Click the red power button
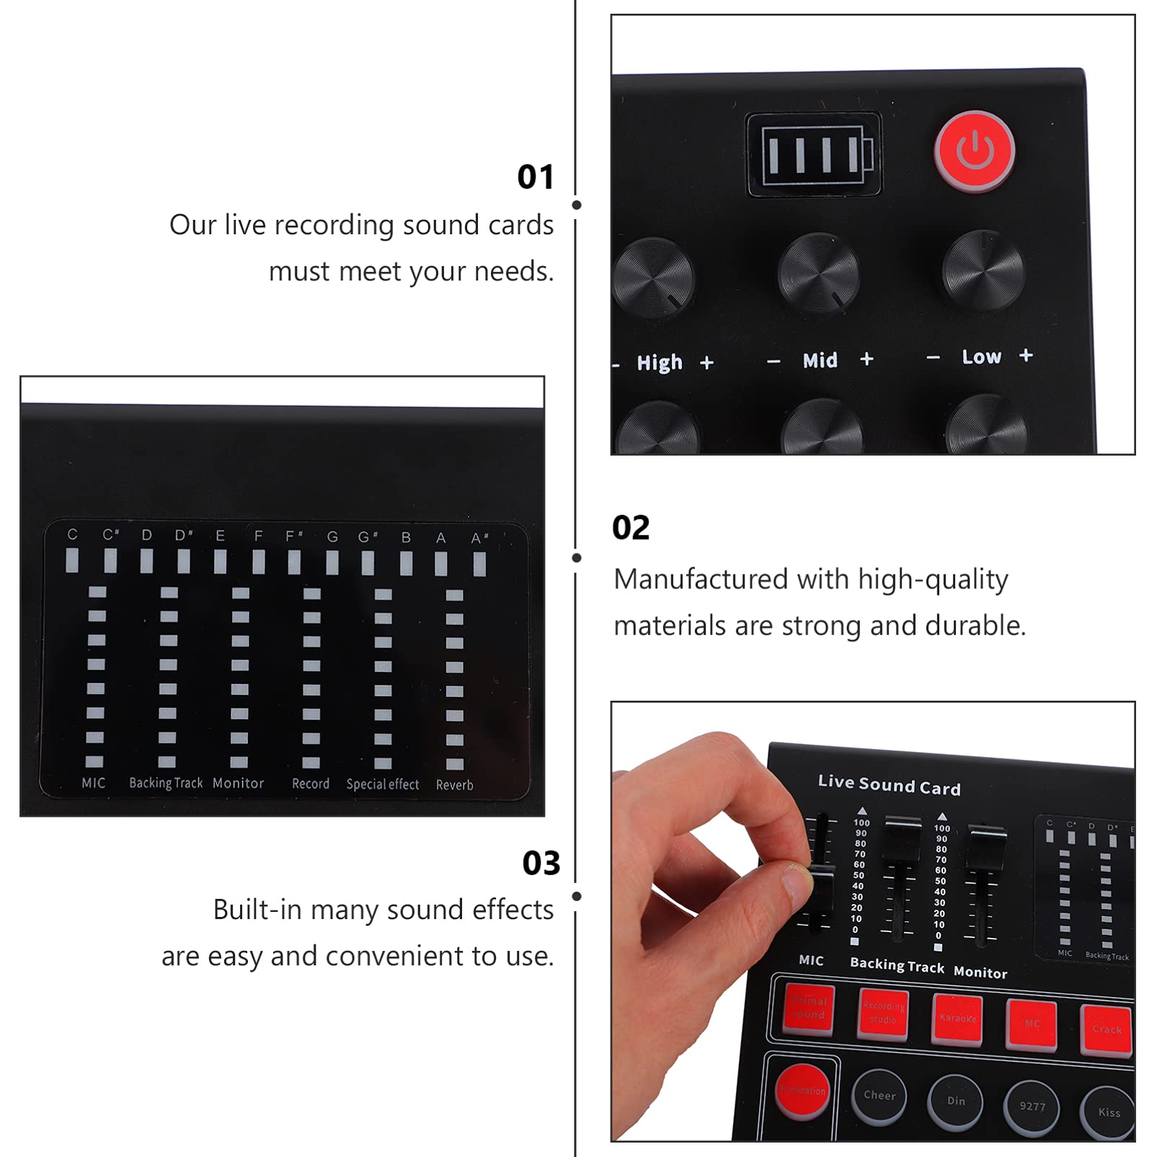point(975,151)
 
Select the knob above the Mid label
point(819,272)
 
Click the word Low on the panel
point(981,357)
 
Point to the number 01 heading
point(536,177)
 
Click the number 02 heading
point(631,528)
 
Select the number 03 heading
point(541,863)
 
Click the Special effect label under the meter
point(382,784)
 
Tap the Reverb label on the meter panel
point(454,785)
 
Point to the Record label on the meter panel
point(311,784)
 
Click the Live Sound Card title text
point(889,785)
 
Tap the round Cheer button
point(879,1096)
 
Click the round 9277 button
point(1032,1107)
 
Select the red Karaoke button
point(958,1019)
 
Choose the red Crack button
point(1107,1029)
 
